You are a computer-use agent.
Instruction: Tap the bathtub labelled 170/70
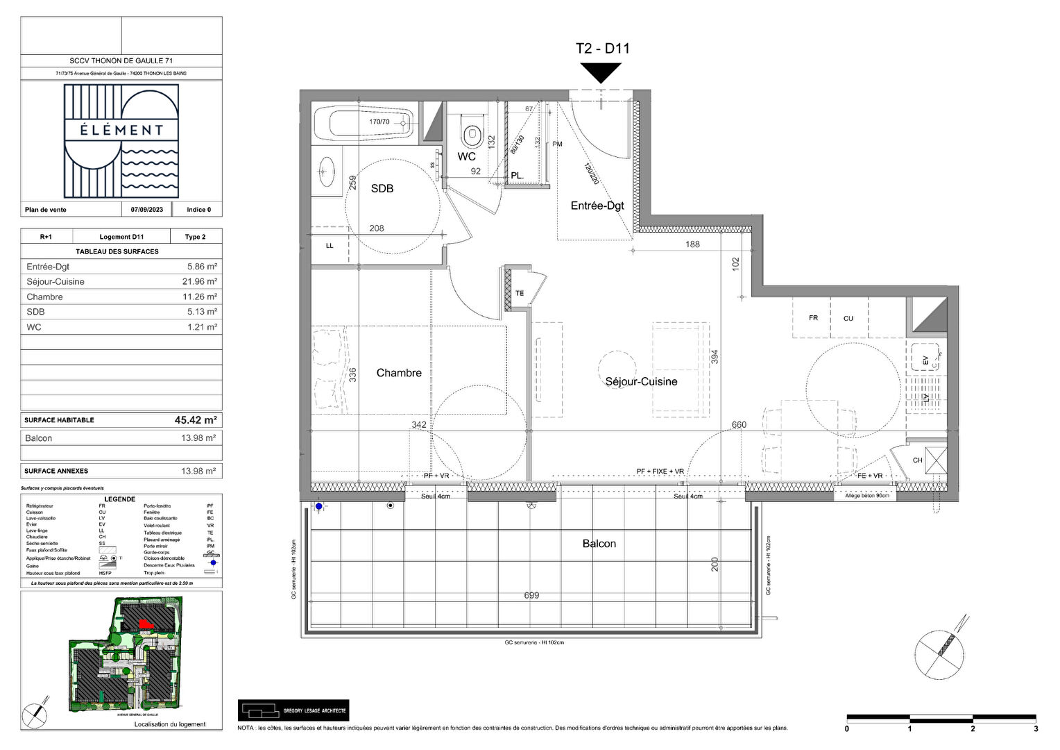(x=364, y=123)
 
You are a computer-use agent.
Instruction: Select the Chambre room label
(x=399, y=373)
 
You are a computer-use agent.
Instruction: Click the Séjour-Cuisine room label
(x=641, y=381)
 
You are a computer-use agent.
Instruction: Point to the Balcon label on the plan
(x=599, y=544)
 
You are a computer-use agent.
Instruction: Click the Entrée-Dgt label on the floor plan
(x=597, y=206)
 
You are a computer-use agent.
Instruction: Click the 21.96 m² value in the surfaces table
(x=202, y=282)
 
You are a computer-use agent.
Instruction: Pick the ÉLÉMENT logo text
(x=121, y=130)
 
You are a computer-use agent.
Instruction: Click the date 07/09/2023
(x=147, y=210)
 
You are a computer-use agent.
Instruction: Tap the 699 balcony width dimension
(x=531, y=595)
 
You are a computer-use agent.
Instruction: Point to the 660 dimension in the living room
(x=739, y=425)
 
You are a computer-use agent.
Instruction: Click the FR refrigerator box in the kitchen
(x=813, y=318)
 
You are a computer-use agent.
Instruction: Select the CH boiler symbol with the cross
(x=936, y=460)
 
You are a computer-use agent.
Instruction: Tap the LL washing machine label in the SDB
(x=330, y=246)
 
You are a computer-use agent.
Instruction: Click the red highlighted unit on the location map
(x=145, y=624)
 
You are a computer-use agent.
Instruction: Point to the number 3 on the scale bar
(x=1036, y=728)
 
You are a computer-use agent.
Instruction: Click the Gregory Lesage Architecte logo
(x=293, y=710)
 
